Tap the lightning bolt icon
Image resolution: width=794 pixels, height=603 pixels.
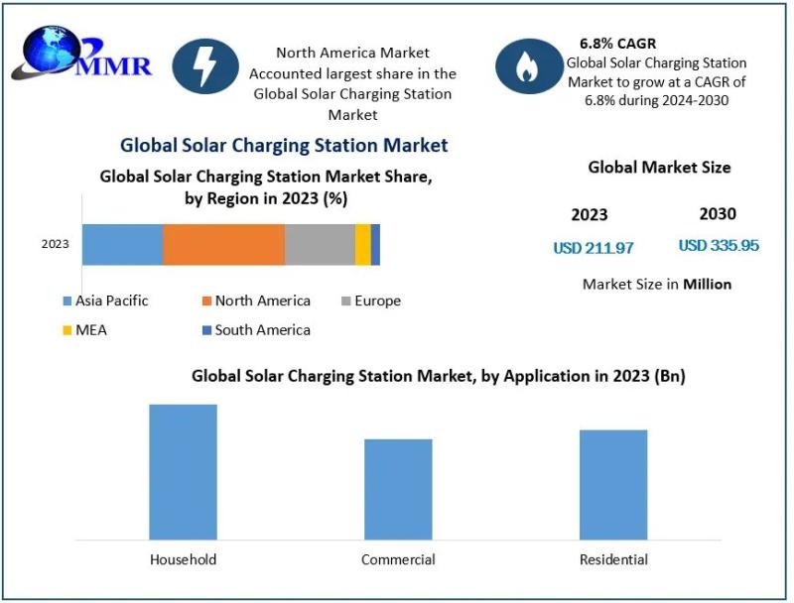click(205, 66)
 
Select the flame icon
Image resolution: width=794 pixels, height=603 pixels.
click(529, 66)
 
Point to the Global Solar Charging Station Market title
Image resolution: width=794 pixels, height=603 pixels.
click(284, 146)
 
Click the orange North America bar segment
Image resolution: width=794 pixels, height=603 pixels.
click(223, 244)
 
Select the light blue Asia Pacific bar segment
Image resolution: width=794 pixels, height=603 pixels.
click(122, 244)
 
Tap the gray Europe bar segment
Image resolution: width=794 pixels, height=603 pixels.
click(320, 244)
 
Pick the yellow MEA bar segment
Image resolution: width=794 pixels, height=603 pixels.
click(363, 244)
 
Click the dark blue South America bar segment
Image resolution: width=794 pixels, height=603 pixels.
click(375, 244)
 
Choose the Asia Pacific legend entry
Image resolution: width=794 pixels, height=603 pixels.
click(105, 301)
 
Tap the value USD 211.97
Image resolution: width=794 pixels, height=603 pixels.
click(594, 248)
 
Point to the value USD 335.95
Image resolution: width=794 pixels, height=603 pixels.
click(719, 245)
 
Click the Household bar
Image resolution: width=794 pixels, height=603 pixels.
click(183, 472)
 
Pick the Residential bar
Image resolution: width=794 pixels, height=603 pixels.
click(613, 485)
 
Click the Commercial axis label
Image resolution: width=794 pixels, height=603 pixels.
click(398, 560)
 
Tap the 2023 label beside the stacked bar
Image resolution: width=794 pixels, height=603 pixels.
click(56, 244)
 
